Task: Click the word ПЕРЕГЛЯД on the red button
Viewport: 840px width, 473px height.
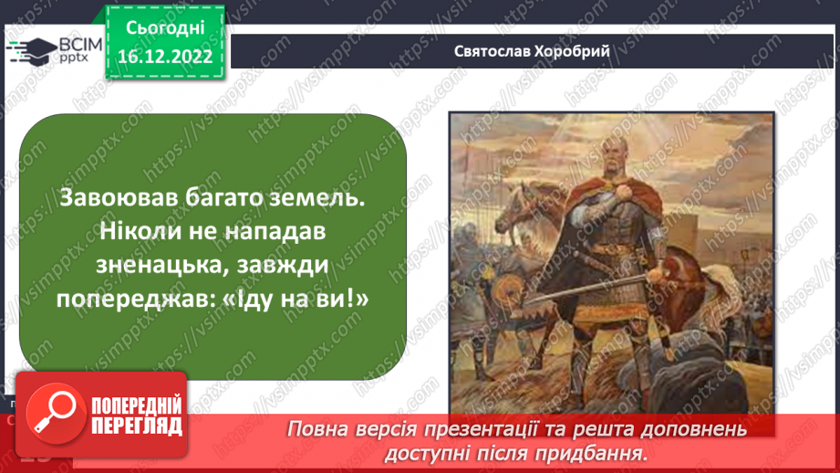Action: tap(136, 426)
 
